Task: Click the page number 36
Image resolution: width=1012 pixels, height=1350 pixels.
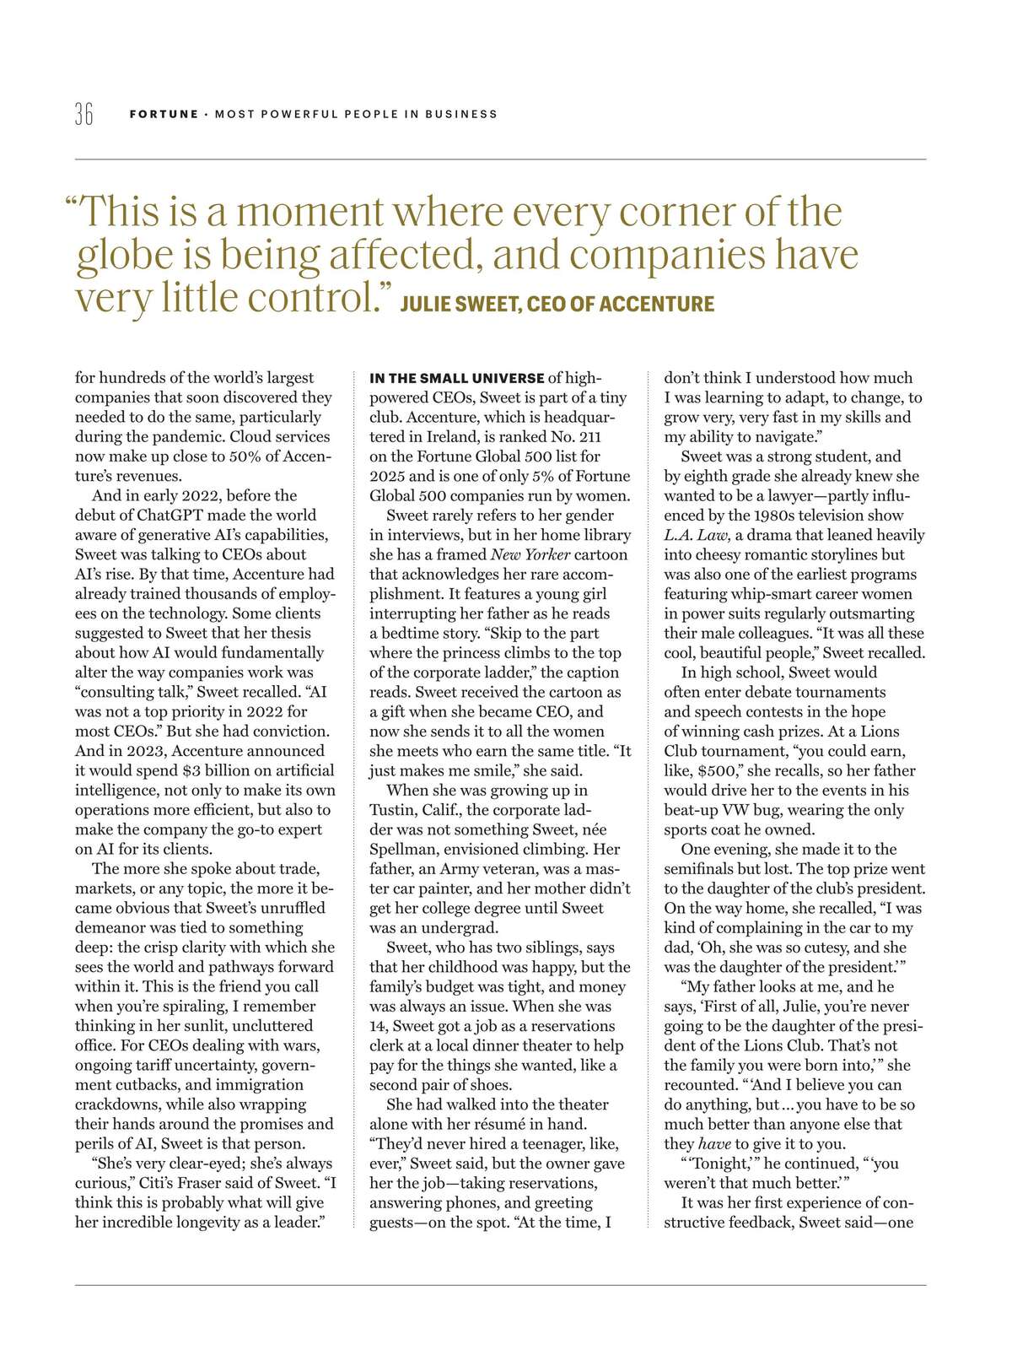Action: (83, 114)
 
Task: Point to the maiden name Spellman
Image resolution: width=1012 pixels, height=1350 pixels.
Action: (403, 849)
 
